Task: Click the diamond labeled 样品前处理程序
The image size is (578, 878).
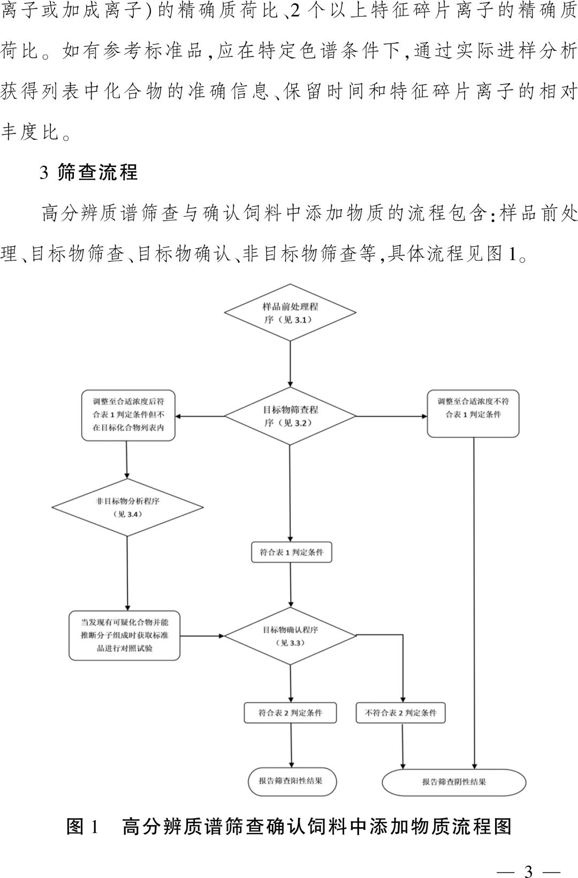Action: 290,313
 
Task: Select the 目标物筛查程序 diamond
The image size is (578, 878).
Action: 290,416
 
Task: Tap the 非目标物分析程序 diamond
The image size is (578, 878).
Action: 127,507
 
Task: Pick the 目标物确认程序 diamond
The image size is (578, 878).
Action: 290,636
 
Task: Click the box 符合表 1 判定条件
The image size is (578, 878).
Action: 292,552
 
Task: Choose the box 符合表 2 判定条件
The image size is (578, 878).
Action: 291,713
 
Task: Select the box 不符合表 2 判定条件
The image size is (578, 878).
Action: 401,713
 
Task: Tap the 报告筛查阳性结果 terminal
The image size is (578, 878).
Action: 292,781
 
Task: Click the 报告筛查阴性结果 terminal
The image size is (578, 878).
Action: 454,782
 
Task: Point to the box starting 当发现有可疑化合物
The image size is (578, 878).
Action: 125,636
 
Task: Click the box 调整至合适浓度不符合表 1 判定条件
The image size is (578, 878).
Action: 473,414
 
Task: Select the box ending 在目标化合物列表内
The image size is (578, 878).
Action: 128,415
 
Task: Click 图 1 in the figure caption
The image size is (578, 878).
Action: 82,826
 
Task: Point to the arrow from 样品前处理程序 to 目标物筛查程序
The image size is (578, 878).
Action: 290,364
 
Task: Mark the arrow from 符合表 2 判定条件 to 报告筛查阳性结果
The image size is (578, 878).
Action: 291,745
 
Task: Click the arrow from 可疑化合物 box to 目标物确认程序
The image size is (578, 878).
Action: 202,636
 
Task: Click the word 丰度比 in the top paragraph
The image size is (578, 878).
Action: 29,132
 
